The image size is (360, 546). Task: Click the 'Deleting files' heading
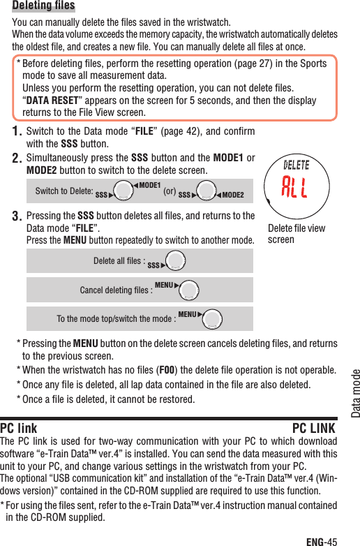(x=43, y=6)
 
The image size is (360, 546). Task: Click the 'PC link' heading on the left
(x=19, y=428)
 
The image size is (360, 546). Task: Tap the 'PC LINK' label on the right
(x=313, y=428)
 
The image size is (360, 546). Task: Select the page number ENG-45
(x=322, y=540)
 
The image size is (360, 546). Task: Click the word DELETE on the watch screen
(x=297, y=165)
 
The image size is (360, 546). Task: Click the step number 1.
(x=18, y=131)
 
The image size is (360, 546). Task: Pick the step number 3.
(x=18, y=216)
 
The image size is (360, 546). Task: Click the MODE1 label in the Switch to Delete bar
(x=148, y=186)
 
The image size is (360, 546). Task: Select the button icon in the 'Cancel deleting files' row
(x=189, y=289)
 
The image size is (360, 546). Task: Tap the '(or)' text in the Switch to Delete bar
(x=168, y=191)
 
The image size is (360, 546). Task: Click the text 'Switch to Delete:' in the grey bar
(x=63, y=191)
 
